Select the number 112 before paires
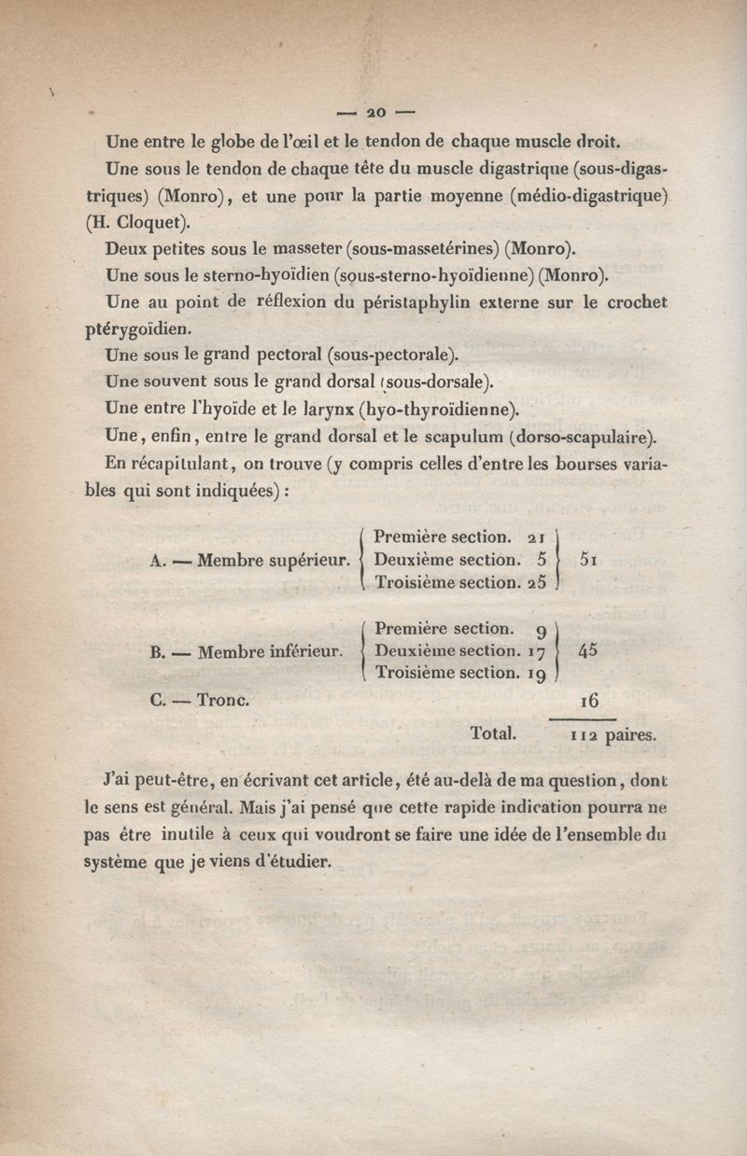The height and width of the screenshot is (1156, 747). click(584, 735)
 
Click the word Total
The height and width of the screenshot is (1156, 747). click(494, 733)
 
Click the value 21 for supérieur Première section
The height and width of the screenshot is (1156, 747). click(536, 537)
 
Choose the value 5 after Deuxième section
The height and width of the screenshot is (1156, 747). click(542, 560)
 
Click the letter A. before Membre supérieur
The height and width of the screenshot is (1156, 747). click(157, 562)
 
